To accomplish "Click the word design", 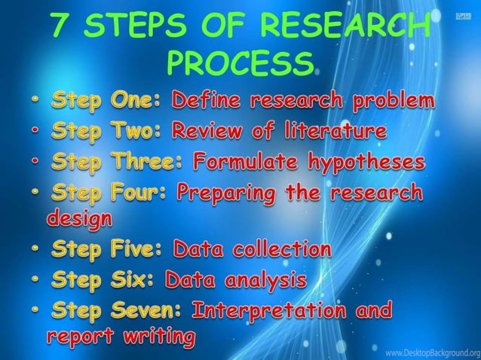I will click(78, 220).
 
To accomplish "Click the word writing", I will click(155, 337).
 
